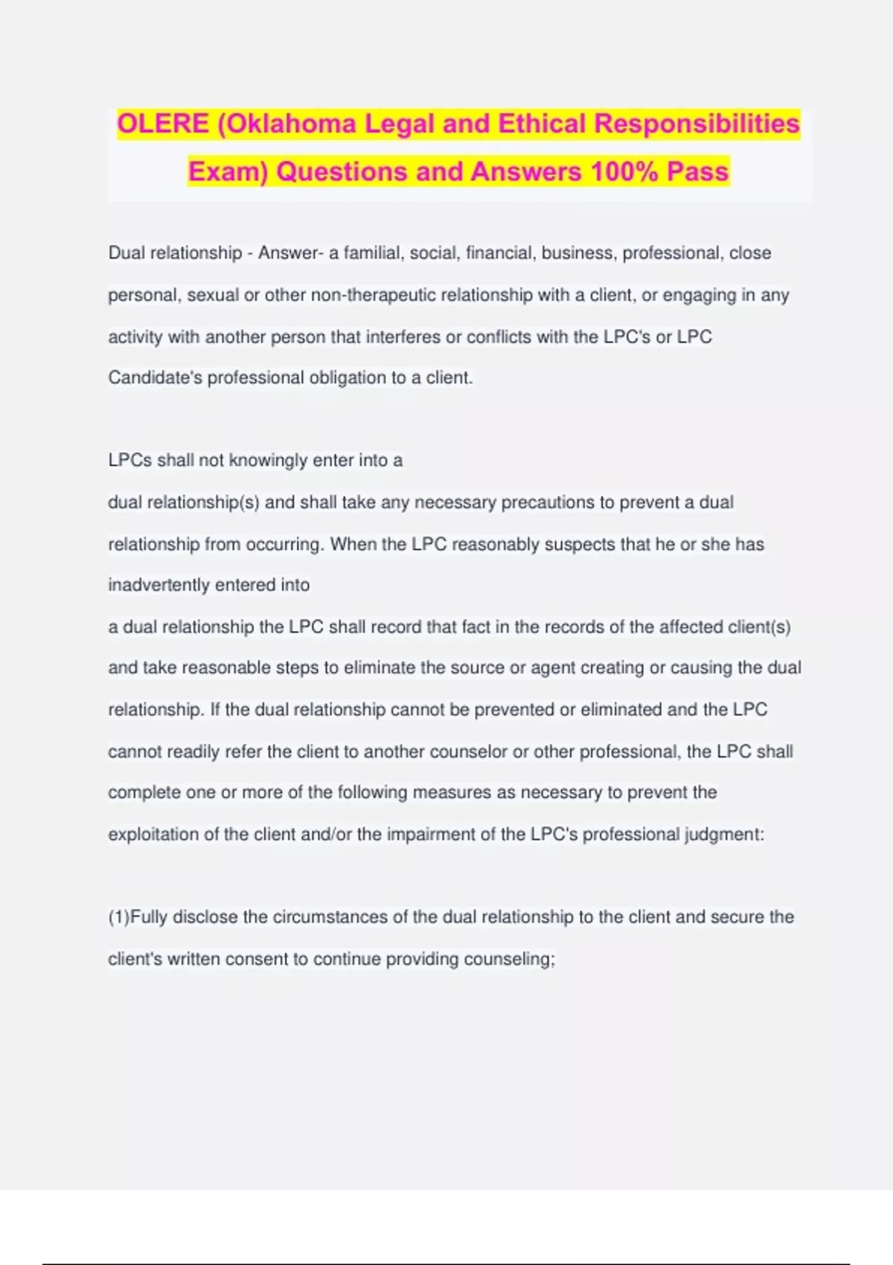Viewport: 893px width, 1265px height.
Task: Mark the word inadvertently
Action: [x=159, y=585]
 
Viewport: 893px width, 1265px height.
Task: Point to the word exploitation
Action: [x=153, y=834]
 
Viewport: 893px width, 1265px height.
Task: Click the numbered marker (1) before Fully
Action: [x=118, y=917]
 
